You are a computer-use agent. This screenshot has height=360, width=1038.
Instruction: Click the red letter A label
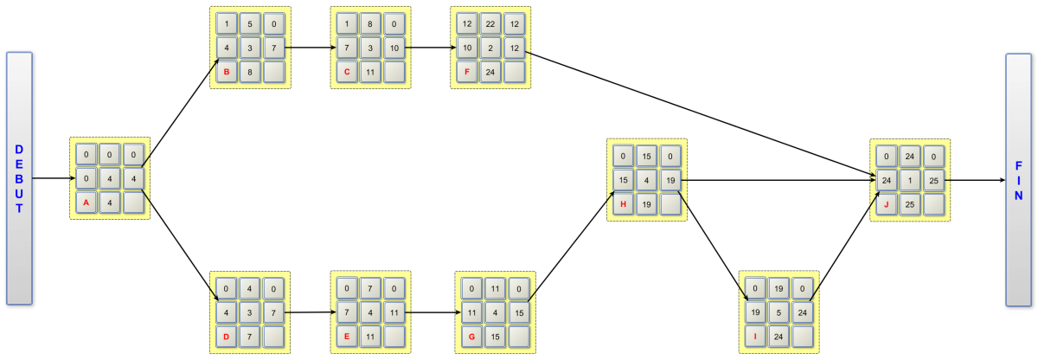(x=86, y=202)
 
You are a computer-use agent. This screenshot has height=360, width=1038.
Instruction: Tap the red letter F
(x=466, y=72)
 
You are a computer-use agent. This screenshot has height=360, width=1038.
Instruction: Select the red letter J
(x=886, y=204)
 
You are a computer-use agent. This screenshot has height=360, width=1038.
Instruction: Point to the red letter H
(x=623, y=204)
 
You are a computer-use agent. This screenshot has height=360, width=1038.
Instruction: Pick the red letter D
(x=226, y=337)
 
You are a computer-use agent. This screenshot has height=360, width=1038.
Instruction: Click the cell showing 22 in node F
(x=490, y=23)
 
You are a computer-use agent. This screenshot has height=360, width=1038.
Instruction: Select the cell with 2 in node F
(x=490, y=48)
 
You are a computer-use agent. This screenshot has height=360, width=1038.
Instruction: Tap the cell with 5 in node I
(x=778, y=312)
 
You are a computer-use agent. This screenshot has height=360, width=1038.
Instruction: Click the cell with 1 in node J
(x=910, y=180)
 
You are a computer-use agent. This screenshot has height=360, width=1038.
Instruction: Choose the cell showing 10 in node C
(x=394, y=48)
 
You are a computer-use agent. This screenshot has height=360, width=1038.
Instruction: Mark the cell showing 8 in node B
(x=250, y=72)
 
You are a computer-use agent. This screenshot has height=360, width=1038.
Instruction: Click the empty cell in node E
(x=394, y=337)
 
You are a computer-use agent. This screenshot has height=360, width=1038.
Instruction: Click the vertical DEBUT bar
(x=19, y=178)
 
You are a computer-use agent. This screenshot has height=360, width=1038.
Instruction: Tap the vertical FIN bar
(x=1019, y=180)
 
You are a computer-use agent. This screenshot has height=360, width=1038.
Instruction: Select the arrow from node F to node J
(x=700, y=114)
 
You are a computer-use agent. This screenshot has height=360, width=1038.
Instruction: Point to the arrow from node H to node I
(x=713, y=247)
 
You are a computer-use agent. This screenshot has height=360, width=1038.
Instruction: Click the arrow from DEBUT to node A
(x=54, y=178)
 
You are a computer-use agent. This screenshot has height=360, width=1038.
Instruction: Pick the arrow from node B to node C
(x=311, y=48)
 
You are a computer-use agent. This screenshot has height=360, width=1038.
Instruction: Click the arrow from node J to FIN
(x=975, y=180)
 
